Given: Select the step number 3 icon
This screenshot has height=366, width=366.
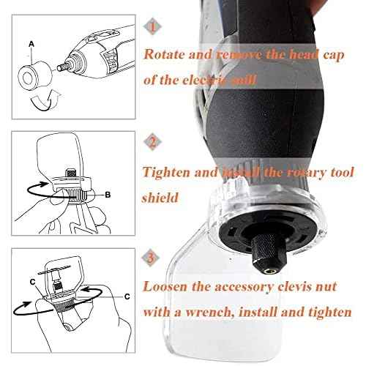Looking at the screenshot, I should click(x=150, y=257).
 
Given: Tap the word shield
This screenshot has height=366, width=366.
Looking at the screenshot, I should click(x=163, y=195).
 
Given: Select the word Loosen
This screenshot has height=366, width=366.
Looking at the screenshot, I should click(x=167, y=286).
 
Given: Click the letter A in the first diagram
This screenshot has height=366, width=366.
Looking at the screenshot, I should click(x=30, y=43).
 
